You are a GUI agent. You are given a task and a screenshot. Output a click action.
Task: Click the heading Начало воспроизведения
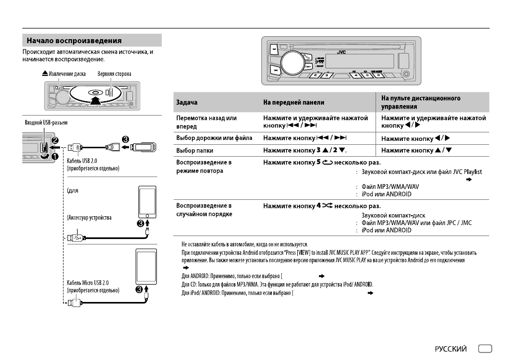[74, 40]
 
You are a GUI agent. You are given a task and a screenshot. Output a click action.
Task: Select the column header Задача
[185, 103]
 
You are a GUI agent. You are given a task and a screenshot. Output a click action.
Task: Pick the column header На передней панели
[294, 103]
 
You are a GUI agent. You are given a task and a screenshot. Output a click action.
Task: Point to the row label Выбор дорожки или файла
[214, 137]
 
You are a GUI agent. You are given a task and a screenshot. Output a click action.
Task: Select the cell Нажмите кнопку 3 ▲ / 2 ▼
[311, 149]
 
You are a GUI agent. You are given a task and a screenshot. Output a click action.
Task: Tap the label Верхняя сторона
[114, 74]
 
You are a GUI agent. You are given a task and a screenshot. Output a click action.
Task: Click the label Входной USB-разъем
[45, 122]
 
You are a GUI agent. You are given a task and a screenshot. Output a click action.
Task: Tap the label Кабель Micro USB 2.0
[88, 282]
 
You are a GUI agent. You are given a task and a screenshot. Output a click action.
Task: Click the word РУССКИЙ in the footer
[450, 349]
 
